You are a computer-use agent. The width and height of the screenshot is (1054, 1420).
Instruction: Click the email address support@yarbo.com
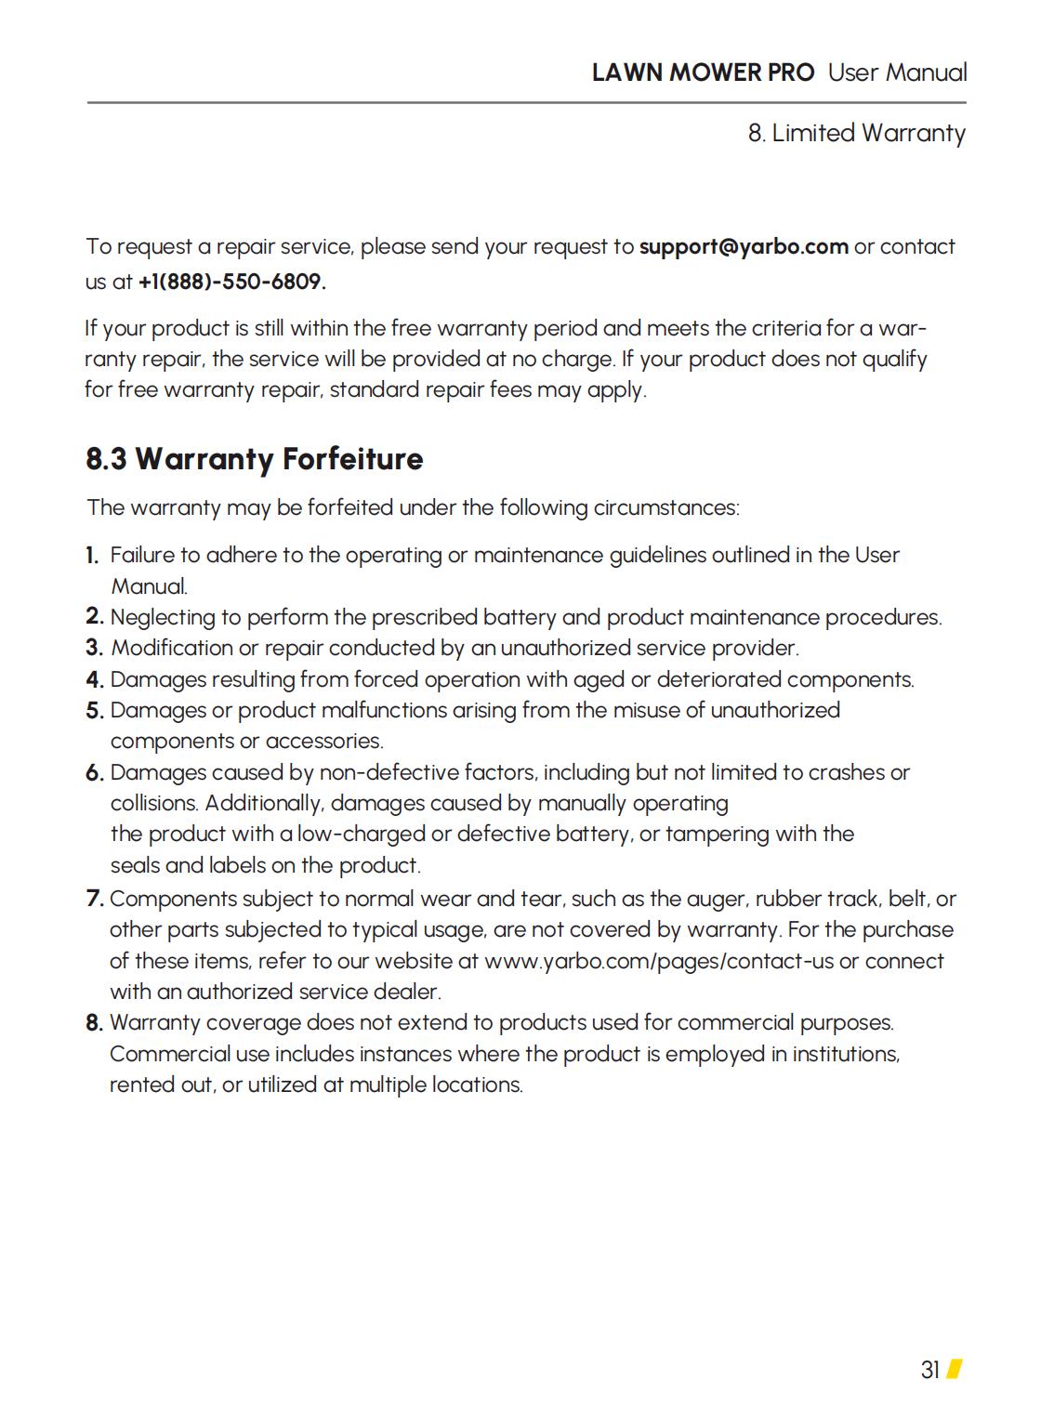click(744, 247)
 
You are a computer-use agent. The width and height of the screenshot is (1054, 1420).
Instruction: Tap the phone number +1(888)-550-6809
click(231, 282)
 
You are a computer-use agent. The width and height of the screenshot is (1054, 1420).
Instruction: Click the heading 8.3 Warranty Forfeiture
click(254, 459)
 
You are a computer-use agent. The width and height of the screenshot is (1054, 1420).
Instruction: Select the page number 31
click(930, 1370)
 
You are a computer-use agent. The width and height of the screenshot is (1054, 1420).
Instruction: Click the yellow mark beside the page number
click(954, 1370)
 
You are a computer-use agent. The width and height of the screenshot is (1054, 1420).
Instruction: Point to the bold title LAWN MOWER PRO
click(703, 72)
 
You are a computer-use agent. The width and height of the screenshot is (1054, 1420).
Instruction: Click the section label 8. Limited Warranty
click(856, 133)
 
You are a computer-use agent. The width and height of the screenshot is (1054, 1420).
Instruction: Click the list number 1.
click(92, 556)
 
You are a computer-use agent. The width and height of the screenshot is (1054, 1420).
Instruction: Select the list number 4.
click(94, 680)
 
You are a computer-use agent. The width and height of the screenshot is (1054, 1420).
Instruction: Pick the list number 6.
click(94, 773)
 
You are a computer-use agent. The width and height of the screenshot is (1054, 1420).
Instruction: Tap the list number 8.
click(94, 1023)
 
